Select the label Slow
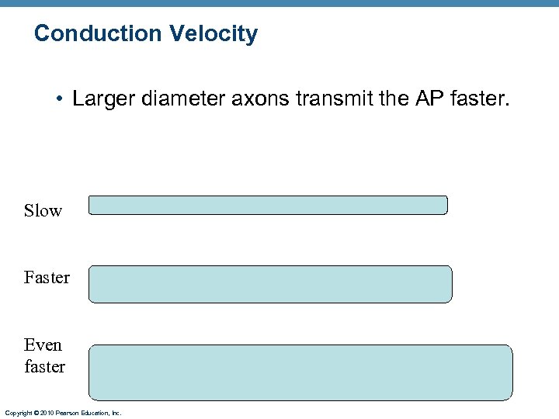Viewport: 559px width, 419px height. click(x=43, y=211)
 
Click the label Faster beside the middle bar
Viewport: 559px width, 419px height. click(x=47, y=277)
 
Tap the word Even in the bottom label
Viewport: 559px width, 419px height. click(x=43, y=345)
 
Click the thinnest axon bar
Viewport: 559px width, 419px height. click(x=268, y=205)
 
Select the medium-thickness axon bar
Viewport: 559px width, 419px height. click(x=270, y=284)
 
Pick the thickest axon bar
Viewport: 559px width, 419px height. click(x=300, y=372)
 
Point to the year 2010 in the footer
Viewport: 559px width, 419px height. click(x=47, y=414)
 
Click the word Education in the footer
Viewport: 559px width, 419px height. click(x=95, y=414)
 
